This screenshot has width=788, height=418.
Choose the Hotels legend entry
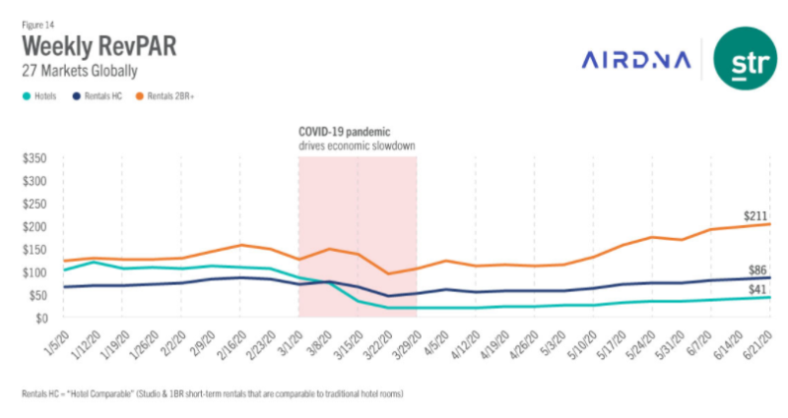(43, 96)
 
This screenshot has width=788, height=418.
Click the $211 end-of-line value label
(756, 215)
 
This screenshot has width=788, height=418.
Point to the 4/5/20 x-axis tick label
(437, 339)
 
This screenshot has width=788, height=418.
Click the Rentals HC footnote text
(212, 393)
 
